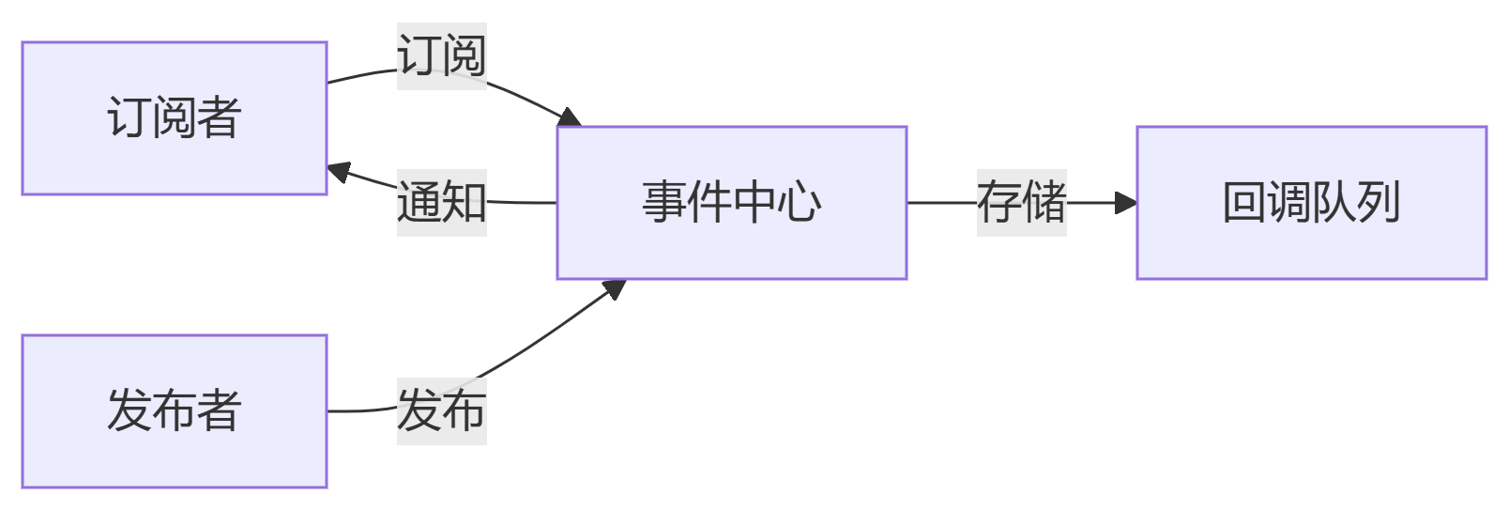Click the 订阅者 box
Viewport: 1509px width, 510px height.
pos(175,118)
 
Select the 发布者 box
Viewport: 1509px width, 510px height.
pos(175,411)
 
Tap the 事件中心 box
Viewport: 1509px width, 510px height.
pos(732,203)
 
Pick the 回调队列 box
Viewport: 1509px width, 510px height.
pos(1312,203)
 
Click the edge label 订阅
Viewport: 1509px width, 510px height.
pos(442,56)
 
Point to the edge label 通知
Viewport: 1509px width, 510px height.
pos(442,203)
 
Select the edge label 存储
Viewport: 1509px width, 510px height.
pos(1022,203)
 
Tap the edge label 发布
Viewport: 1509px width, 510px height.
pos(442,411)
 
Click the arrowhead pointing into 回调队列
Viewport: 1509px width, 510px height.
pos(1127,203)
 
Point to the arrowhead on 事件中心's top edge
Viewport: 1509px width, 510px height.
pos(570,118)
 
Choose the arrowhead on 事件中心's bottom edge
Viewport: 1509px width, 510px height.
pos(615,287)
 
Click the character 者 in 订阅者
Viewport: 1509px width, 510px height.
pos(220,118)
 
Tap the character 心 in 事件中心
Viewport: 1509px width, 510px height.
pos(800,203)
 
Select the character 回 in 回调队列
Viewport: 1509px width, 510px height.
pos(1244,203)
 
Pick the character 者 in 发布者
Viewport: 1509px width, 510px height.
pos(220,411)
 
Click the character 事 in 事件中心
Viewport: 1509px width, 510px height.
pos(664,203)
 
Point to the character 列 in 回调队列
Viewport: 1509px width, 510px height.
pos(1379,203)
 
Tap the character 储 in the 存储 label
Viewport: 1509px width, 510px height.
pos(1044,203)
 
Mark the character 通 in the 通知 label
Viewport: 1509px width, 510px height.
pos(419,203)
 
